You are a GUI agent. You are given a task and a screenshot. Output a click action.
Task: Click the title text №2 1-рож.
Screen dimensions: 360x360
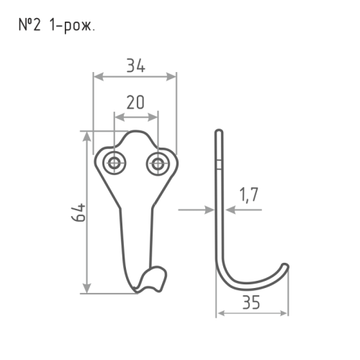click(57, 26)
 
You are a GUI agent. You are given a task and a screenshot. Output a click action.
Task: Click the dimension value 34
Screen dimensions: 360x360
click(136, 66)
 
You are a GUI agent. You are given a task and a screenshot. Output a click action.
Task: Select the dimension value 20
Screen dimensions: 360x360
click(135, 102)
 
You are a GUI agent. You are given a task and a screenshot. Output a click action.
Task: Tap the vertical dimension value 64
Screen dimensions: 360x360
click(78, 212)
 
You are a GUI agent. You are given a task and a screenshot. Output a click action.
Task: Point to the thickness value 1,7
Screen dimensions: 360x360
click(249, 194)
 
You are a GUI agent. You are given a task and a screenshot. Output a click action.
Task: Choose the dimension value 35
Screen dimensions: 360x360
click(251, 302)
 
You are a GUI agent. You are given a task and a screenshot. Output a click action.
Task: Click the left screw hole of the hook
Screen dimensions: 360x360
click(114, 163)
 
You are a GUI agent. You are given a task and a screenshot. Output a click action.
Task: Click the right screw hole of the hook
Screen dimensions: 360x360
click(158, 164)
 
